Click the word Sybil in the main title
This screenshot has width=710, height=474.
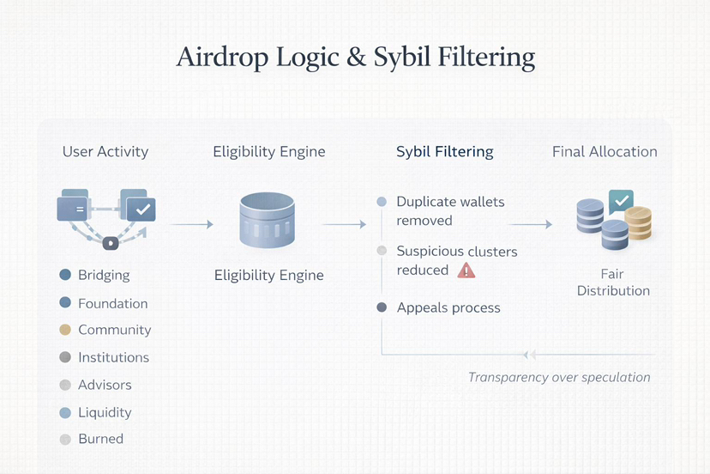tap(403, 58)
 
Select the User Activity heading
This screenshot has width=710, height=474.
tap(105, 152)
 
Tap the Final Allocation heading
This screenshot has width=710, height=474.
tap(605, 152)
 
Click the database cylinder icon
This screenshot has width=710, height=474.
tap(267, 221)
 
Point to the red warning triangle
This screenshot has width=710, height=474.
tap(466, 270)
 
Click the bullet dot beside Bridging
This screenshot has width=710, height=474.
tap(65, 276)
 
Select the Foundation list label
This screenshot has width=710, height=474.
tap(112, 303)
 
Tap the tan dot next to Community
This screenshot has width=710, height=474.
tap(65, 330)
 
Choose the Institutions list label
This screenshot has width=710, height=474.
tap(113, 357)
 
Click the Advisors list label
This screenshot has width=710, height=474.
tap(105, 385)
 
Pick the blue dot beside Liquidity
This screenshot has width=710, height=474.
tap(65, 412)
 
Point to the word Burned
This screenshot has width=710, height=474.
tap(100, 439)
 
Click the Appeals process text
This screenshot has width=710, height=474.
tap(448, 307)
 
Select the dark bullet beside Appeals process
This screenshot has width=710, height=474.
tap(382, 307)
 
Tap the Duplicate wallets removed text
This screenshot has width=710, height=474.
tap(450, 211)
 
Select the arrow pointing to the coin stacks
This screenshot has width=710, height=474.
tap(531, 225)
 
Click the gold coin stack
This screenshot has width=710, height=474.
tap(638, 223)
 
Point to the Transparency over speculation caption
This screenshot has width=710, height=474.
tap(559, 377)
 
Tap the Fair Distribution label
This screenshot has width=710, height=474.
tap(613, 283)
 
